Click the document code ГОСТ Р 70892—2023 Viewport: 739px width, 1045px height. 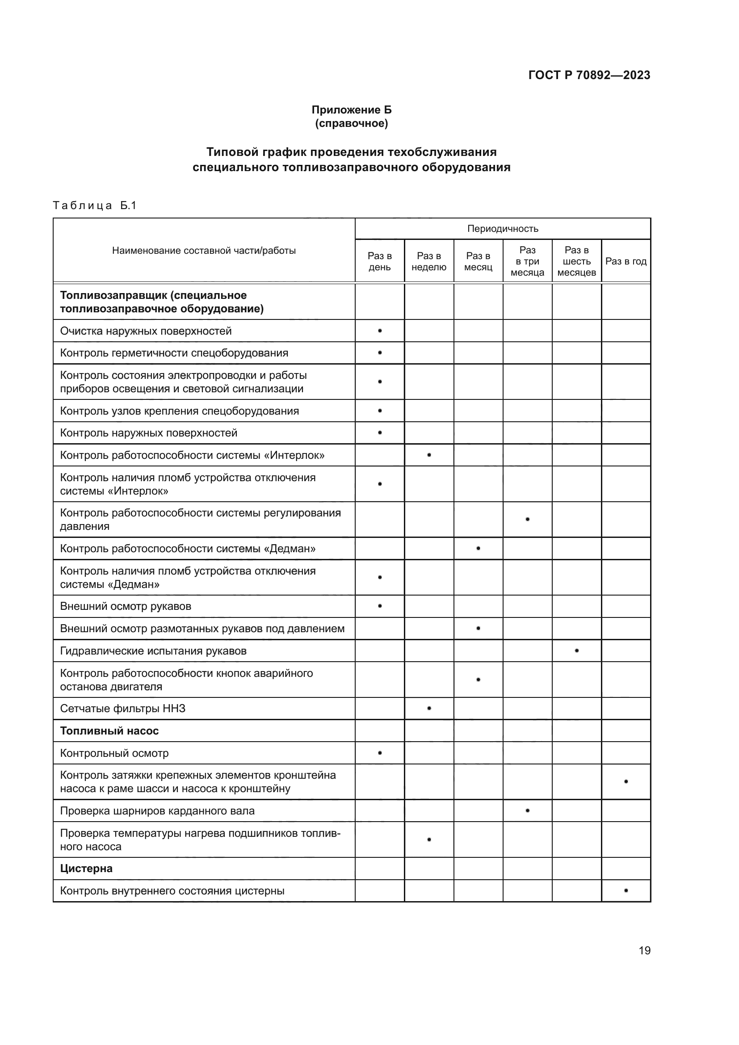tap(589, 75)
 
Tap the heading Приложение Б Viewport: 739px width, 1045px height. tap(351, 110)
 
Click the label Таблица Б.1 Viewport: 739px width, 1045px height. tap(95, 205)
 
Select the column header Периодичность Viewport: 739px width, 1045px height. tap(502, 228)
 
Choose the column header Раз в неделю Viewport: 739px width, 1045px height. tap(428, 261)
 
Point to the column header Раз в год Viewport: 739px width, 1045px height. tap(626, 261)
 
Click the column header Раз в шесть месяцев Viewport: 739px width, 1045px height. tap(576, 261)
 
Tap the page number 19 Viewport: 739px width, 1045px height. tap(644, 950)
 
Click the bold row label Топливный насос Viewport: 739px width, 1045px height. tap(109, 731)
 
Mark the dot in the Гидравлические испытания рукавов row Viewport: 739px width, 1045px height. tap(576, 651)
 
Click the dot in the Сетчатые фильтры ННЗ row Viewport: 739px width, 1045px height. tap(429, 708)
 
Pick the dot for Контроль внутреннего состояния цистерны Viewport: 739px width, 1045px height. tap(626, 890)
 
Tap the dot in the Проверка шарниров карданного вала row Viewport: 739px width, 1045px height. tap(527, 810)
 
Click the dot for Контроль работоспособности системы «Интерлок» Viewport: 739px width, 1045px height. tap(429, 455)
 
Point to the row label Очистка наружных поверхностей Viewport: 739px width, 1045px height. tap(146, 331)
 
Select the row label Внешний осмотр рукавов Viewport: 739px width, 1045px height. tap(126, 606)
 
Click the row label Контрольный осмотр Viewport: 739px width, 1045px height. tap(114, 753)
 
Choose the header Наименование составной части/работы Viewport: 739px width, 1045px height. tap(204, 250)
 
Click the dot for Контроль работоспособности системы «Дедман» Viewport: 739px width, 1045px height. tap(478, 548)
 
